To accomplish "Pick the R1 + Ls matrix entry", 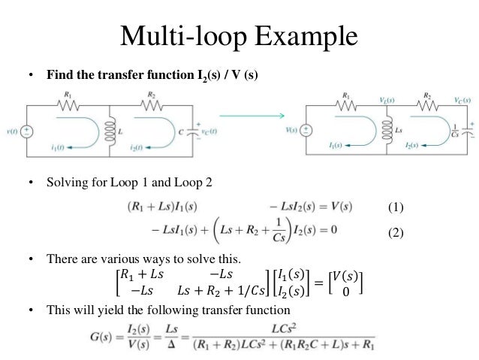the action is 145,275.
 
